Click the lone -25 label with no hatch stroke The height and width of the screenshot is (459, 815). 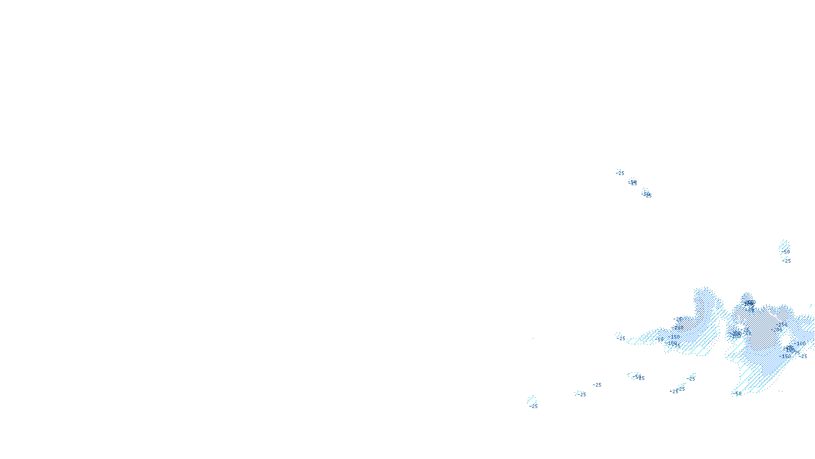(x=597, y=385)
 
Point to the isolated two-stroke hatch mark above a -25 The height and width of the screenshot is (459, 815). (x=531, y=399)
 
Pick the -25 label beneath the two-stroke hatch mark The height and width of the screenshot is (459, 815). (x=533, y=406)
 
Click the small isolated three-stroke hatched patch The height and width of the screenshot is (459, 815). (x=784, y=245)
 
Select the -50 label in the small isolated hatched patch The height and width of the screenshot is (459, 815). (x=785, y=252)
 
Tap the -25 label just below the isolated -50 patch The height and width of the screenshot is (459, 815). (x=787, y=261)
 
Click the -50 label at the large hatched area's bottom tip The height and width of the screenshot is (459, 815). (x=737, y=393)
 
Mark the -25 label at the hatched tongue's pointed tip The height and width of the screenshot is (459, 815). (x=621, y=339)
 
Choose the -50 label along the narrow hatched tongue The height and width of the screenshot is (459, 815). (x=660, y=339)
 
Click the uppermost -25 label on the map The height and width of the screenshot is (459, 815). (x=620, y=173)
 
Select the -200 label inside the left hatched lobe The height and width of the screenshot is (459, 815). (x=678, y=328)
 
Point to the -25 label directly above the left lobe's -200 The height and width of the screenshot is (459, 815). (x=677, y=319)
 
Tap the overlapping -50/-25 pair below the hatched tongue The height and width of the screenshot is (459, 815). (x=638, y=377)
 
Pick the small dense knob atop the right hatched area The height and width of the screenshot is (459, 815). (x=747, y=297)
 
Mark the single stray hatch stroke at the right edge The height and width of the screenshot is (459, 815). (x=811, y=307)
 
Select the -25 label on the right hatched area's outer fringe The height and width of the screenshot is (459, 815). (x=803, y=356)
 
